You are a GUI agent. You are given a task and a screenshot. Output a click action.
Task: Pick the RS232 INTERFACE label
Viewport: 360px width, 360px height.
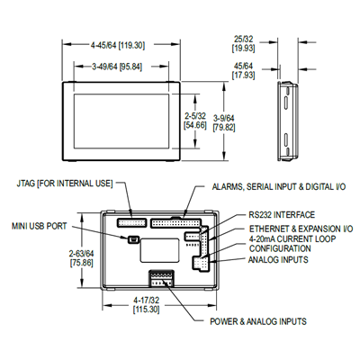click(x=282, y=215)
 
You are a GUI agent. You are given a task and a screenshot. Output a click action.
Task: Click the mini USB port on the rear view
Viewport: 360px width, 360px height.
click(x=132, y=239)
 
